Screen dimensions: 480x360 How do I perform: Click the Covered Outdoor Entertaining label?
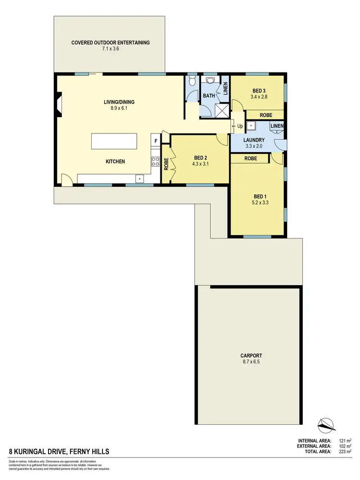tap(110, 42)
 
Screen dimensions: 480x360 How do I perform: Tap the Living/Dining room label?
tap(119, 102)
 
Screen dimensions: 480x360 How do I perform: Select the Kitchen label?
tap(115, 162)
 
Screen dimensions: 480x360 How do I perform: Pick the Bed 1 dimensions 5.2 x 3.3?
tap(259, 203)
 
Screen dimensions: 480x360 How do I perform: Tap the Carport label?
tap(251, 356)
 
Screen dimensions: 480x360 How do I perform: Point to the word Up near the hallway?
tap(240, 126)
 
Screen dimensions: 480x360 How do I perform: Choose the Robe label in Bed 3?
tap(266, 115)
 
